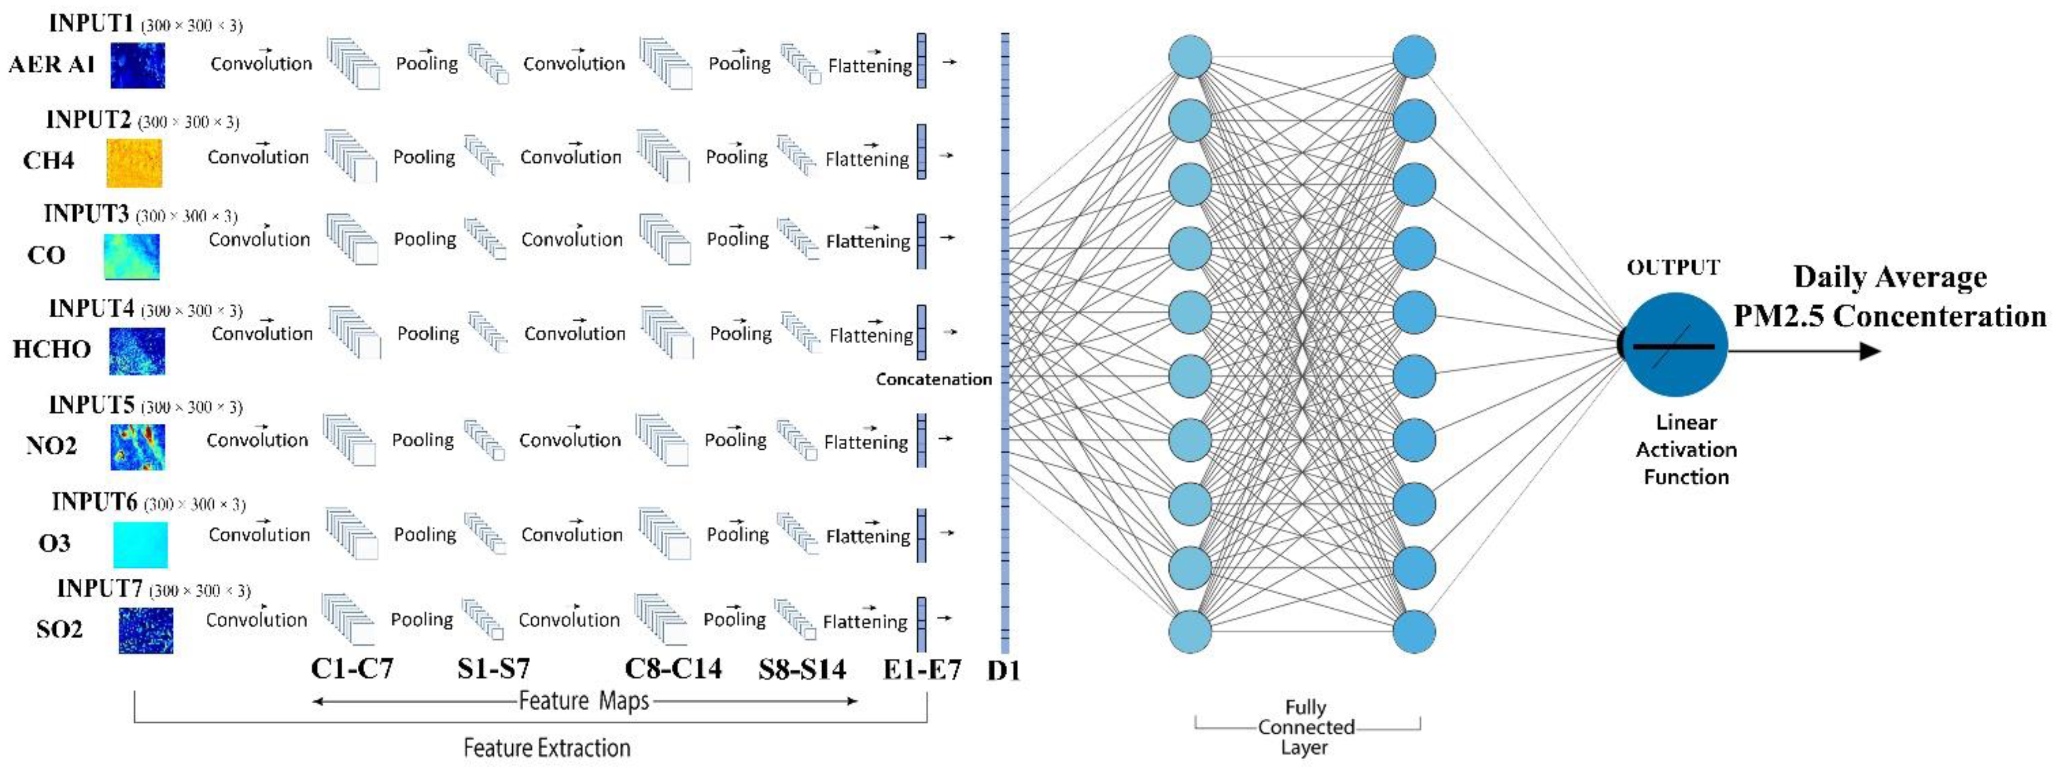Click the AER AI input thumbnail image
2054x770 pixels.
pyautogui.click(x=137, y=65)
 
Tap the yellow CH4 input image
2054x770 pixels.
pyautogui.click(x=134, y=162)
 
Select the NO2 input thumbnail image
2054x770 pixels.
pyautogui.click(x=137, y=446)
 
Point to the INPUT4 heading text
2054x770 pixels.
pyautogui.click(x=91, y=308)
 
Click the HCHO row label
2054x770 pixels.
pyautogui.click(x=52, y=349)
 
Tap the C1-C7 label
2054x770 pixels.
pyautogui.click(x=352, y=668)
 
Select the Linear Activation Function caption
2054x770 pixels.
pyautogui.click(x=1686, y=450)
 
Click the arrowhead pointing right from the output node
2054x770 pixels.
pyautogui.click(x=1869, y=351)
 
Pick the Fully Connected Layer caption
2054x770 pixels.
pyautogui.click(x=1305, y=727)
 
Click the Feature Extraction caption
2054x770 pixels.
pyautogui.click(x=547, y=748)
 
